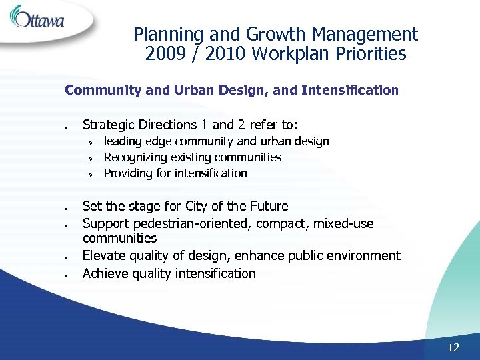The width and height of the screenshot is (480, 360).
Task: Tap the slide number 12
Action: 453,347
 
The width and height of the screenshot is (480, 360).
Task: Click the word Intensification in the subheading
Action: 350,90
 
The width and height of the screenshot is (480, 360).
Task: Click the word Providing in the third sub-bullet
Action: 128,173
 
